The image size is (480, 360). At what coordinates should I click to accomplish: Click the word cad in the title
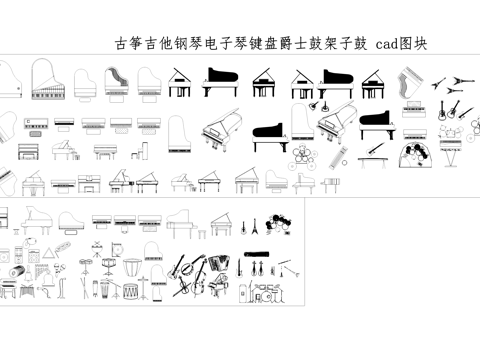(386, 44)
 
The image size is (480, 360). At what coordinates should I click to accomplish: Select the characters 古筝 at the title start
(129, 44)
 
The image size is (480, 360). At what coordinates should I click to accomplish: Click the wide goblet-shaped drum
(131, 269)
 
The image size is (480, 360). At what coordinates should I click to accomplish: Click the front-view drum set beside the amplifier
(269, 292)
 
